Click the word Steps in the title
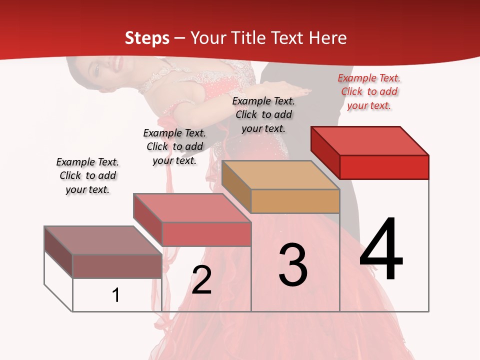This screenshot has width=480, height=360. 147,38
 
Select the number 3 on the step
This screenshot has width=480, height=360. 293,265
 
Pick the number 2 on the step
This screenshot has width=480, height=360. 202,279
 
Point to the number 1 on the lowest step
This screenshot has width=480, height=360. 116,295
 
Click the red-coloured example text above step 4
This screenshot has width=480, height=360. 369,91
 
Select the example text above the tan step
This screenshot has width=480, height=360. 263,114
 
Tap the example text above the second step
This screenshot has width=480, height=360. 174,146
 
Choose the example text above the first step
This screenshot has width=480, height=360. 87,175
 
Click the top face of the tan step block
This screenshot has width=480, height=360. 280,175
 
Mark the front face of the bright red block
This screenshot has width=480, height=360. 384,167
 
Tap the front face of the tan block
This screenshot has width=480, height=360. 295,201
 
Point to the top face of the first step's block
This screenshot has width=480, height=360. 102,240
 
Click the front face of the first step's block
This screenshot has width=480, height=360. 117,266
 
